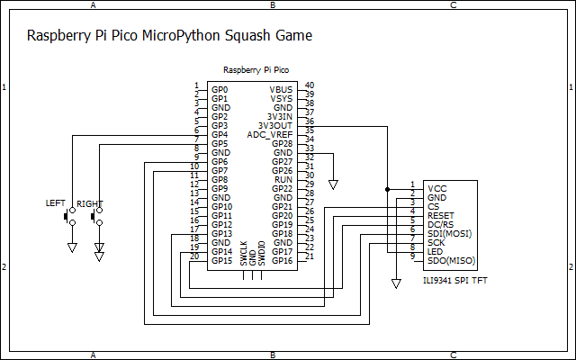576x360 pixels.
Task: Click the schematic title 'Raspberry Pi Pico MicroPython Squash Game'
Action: pyautogui.click(x=169, y=37)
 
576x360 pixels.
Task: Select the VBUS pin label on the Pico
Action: pyautogui.click(x=281, y=90)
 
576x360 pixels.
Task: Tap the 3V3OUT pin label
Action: pyautogui.click(x=275, y=126)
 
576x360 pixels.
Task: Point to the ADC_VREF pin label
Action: pyautogui.click(x=270, y=135)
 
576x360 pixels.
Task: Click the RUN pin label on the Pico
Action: pyautogui.click(x=283, y=180)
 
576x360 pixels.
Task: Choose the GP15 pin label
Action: pyautogui.click(x=221, y=261)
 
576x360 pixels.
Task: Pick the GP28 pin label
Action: pyautogui.click(x=283, y=144)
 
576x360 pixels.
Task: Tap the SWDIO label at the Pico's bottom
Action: pyautogui.click(x=262, y=251)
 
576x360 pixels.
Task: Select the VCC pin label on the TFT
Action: pyautogui.click(x=437, y=188)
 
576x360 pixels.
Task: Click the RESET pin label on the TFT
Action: pyautogui.click(x=441, y=215)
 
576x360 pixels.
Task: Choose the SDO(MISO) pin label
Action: pyautogui.click(x=449, y=260)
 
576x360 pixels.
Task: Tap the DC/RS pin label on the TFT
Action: pyautogui.click(x=440, y=224)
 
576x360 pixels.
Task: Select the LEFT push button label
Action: pyautogui.click(x=56, y=204)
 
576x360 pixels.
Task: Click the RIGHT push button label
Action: pyautogui.click(x=89, y=204)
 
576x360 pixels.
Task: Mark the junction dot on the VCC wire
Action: pyautogui.click(x=388, y=189)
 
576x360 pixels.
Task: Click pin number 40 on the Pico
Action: pyautogui.click(x=309, y=85)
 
